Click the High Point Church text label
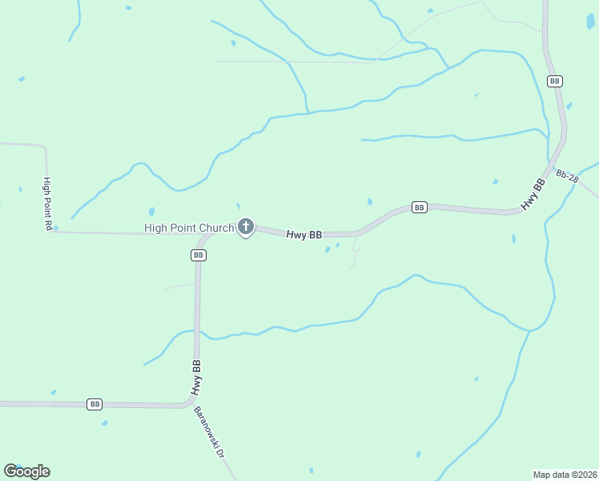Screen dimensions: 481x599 [x=189, y=228]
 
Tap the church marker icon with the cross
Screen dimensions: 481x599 [x=246, y=227]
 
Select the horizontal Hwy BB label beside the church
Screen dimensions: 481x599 [x=304, y=235]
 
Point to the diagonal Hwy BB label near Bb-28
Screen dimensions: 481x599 [x=533, y=195]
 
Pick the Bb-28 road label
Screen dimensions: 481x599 [x=567, y=176]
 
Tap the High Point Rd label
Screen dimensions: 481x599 [x=48, y=204]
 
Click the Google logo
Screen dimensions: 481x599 [x=26, y=471]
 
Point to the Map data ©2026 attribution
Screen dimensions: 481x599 [x=565, y=474]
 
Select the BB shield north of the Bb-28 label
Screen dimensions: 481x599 [x=554, y=81]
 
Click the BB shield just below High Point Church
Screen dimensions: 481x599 [x=199, y=255]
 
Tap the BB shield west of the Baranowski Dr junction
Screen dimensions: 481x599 [x=94, y=404]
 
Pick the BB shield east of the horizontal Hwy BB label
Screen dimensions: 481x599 [x=419, y=208]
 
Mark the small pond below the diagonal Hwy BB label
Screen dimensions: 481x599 [x=513, y=238]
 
